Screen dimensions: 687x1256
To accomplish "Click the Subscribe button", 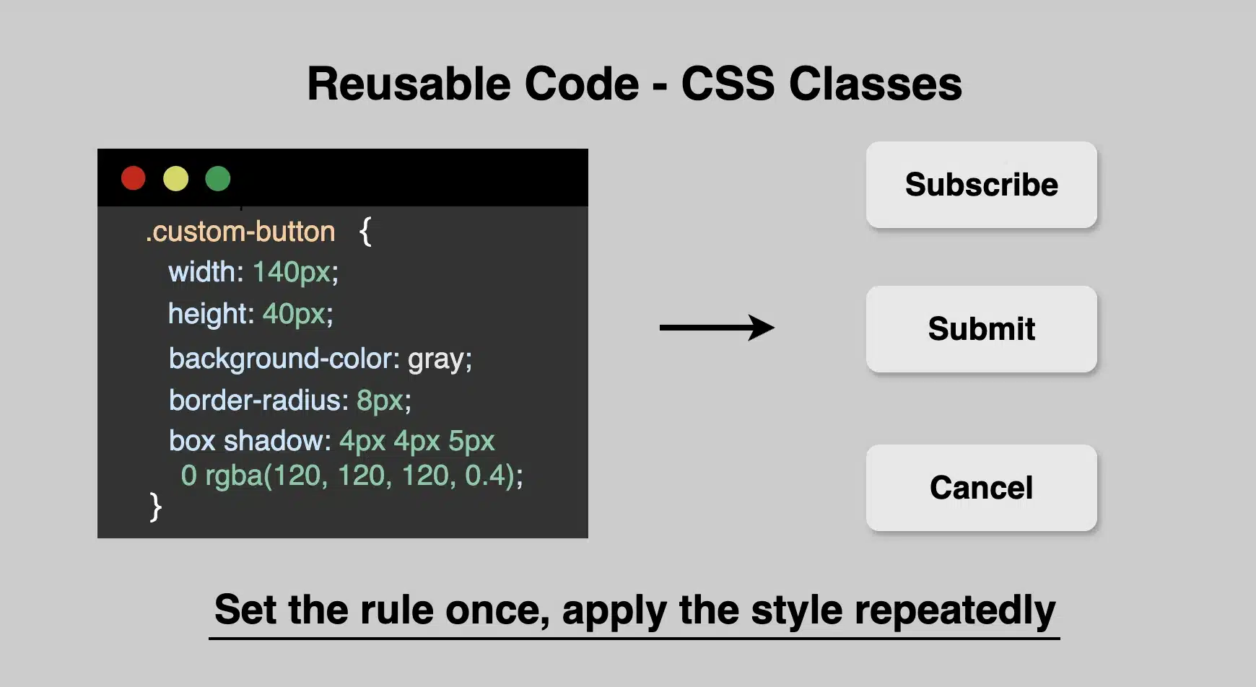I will coord(981,185).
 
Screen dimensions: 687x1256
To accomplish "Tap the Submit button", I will coord(981,329).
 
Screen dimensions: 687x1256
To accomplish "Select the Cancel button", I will coord(981,488).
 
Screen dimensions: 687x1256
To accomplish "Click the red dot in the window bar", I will coord(134,178).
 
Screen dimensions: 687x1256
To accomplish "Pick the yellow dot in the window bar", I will coord(175,178).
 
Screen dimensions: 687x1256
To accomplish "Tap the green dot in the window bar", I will coord(217,178).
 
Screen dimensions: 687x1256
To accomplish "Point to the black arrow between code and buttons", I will coord(716,328).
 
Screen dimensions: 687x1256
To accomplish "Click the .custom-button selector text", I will coord(240,232).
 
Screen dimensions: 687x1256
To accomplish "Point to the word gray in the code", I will coord(436,359).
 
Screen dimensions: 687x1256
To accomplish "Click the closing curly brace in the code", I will coord(155,507).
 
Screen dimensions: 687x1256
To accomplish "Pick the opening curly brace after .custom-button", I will coord(365,232).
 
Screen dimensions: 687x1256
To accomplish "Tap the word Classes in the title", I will coord(875,84).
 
